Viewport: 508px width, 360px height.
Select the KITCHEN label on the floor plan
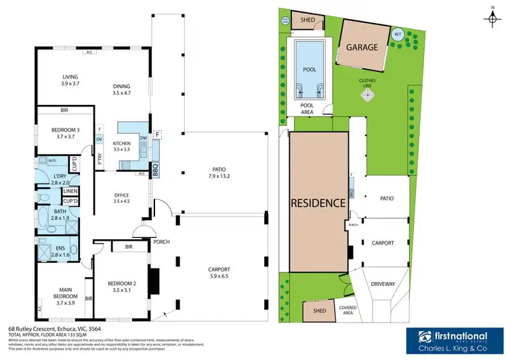121,147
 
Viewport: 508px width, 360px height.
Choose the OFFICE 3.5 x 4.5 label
122,197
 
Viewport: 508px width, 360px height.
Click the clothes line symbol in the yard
367,96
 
